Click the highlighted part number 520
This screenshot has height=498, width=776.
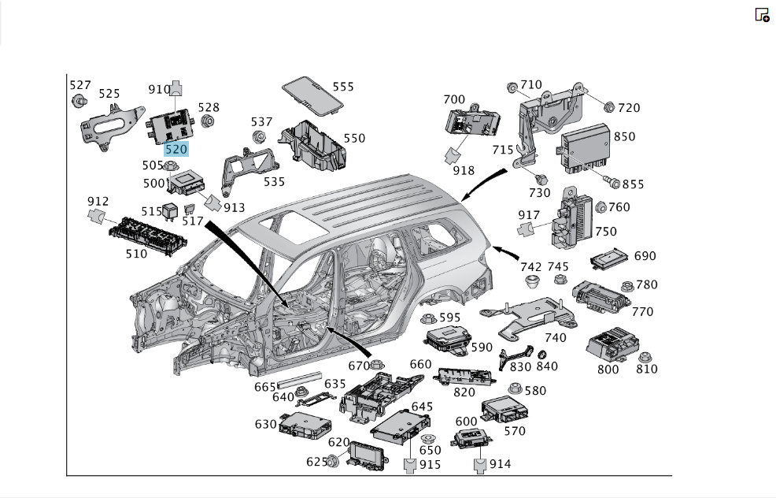(x=176, y=149)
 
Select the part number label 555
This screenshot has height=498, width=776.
(x=343, y=87)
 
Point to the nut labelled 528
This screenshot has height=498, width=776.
(x=208, y=121)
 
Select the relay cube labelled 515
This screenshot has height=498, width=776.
(x=170, y=211)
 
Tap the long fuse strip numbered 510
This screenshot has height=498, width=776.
(x=148, y=236)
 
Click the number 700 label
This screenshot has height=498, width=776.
(x=454, y=99)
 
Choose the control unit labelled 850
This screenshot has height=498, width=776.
(x=585, y=148)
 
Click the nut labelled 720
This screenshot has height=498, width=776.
(x=609, y=107)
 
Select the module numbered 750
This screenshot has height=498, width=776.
(x=571, y=218)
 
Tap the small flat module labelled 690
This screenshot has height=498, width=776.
(x=612, y=258)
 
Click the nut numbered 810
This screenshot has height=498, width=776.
(x=645, y=357)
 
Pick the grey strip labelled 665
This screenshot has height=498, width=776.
(x=299, y=380)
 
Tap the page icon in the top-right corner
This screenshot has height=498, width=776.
(x=762, y=14)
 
